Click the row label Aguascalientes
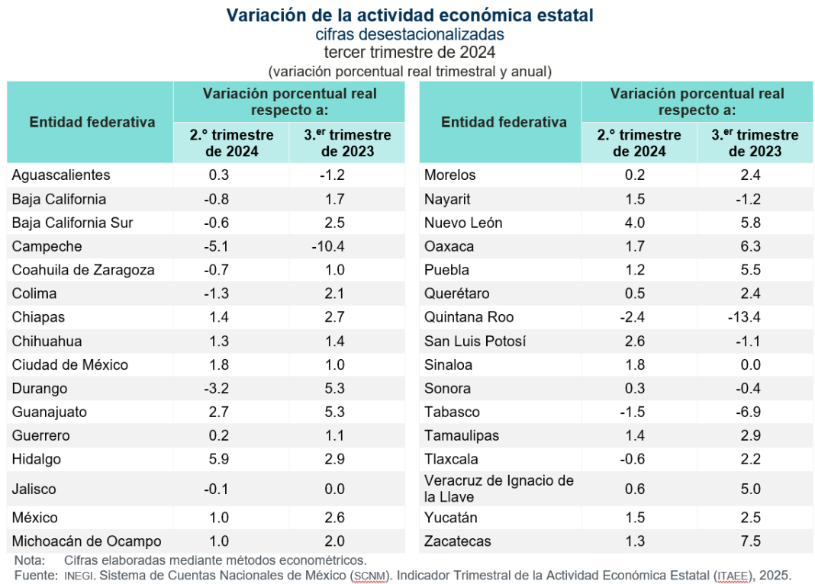61,175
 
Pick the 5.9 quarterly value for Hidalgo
220,459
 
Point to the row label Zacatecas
457,541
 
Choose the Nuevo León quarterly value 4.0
635,223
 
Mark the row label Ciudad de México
70,364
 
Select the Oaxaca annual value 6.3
751,246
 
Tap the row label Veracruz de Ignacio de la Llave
498,489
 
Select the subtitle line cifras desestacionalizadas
410,34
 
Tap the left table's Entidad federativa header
92,122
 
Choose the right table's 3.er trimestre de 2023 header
755,143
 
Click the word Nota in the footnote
29,560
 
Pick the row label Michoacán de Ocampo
86,541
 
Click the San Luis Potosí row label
475,341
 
